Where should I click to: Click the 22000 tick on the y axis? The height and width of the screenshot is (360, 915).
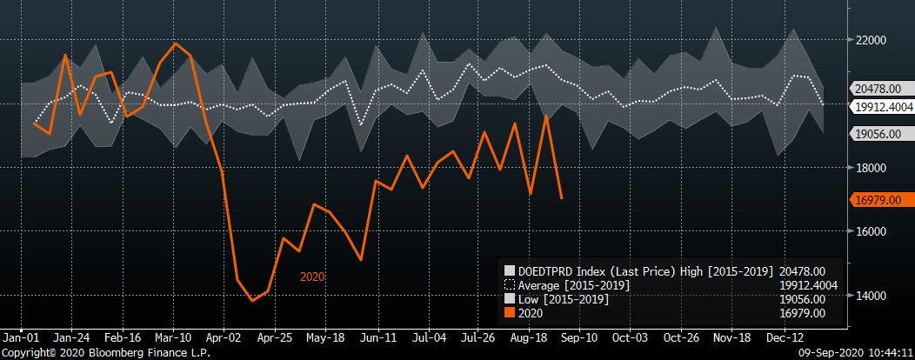click(x=871, y=41)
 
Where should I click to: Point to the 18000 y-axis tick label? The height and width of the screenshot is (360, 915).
click(x=871, y=168)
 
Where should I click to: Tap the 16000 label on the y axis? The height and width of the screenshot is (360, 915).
click(x=871, y=232)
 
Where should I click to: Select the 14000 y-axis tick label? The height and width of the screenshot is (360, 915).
click(x=871, y=296)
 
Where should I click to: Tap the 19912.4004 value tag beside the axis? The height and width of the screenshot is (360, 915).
click(x=880, y=106)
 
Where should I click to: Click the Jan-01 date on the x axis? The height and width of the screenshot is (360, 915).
click(x=20, y=337)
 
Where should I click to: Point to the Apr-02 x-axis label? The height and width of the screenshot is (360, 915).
click(x=224, y=337)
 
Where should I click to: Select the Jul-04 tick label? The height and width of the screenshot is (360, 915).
click(x=429, y=337)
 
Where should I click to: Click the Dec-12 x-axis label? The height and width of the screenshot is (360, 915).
click(x=785, y=337)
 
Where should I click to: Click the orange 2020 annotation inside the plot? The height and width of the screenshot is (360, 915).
click(x=313, y=277)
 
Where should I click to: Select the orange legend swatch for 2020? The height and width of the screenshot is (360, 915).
click(x=511, y=313)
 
